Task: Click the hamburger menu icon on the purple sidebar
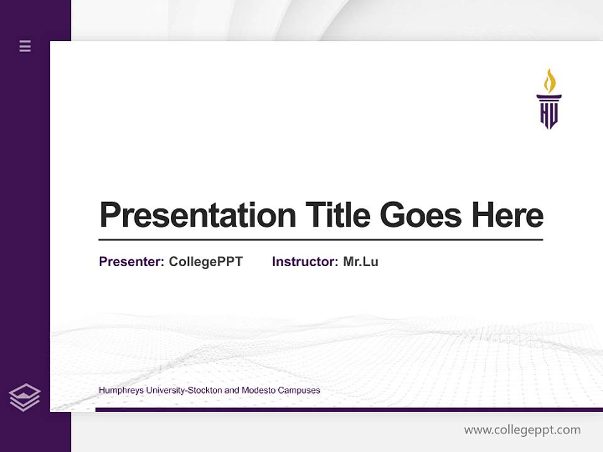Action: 25,46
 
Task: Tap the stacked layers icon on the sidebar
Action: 24,397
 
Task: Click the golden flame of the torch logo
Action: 550,81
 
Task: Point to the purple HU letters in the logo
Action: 549,115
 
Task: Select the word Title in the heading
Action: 338,215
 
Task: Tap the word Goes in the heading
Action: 422,215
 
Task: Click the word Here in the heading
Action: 508,215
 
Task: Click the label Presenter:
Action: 131,262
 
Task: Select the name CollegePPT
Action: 205,262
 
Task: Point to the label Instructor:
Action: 305,262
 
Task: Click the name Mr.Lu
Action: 361,262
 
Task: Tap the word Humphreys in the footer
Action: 120,390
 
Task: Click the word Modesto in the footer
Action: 259,390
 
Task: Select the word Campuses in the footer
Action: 298,390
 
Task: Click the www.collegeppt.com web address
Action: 522,430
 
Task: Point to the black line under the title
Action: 320,240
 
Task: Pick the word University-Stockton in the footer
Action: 183,390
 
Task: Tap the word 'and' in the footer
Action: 232,390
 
